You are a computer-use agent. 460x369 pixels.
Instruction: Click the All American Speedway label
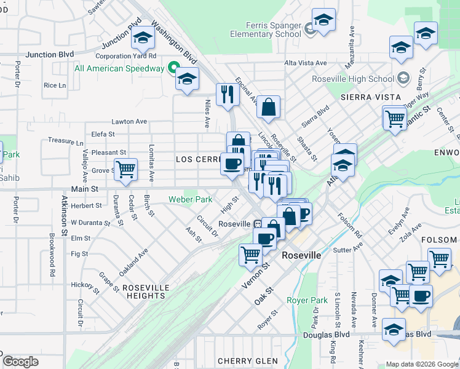pos(119,68)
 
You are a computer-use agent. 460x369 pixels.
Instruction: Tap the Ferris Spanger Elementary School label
pos(266,30)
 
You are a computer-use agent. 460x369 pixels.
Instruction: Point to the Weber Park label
pos(191,199)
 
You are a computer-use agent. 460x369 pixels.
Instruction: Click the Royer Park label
pos(307,300)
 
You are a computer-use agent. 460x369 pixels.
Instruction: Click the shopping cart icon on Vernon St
pos(250,254)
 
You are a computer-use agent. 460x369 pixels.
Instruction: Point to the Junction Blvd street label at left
pos(50,55)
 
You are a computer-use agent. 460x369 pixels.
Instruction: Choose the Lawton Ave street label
pos(129,122)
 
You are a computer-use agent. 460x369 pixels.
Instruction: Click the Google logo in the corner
pos(20,362)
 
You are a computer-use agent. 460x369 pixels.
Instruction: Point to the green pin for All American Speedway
pos(174,68)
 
